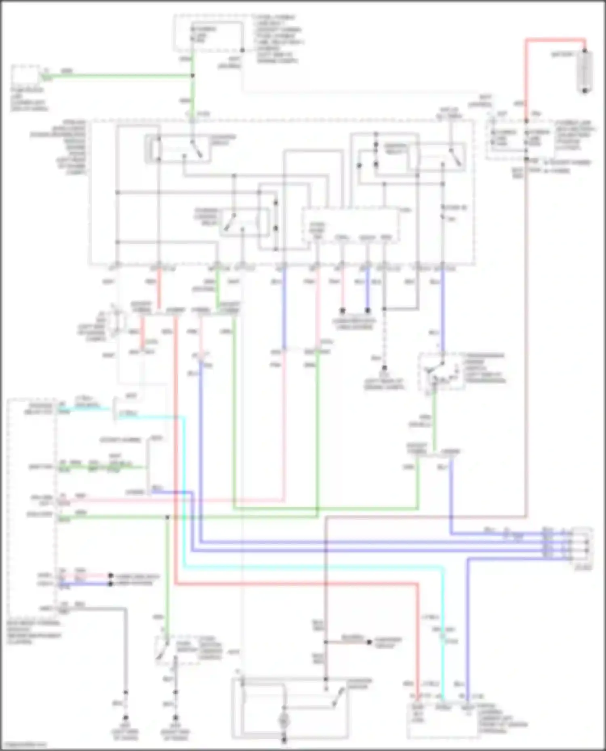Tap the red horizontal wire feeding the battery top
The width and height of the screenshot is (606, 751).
(555, 40)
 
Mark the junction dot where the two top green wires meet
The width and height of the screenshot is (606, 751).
(193, 75)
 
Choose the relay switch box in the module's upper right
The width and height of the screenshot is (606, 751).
(436, 157)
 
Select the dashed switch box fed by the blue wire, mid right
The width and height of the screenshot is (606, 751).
(440, 371)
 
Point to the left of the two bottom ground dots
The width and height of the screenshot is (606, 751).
(125, 718)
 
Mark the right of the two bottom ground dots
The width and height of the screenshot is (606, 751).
(175, 718)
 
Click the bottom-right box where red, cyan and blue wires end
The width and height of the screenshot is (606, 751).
(444, 720)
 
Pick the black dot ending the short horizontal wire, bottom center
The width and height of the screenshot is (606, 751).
(369, 642)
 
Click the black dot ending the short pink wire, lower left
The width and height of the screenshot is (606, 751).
(110, 576)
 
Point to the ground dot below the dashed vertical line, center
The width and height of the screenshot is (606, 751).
(384, 368)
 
